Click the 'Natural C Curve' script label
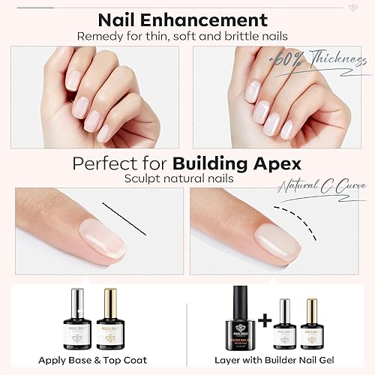(325, 185)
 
